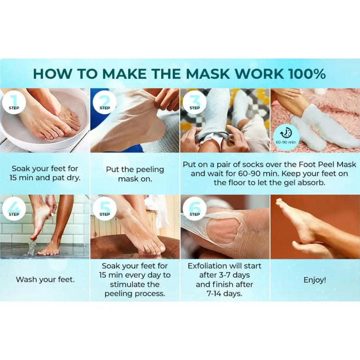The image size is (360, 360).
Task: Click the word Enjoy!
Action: [x=315, y=280]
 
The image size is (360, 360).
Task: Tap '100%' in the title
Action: [x=307, y=74]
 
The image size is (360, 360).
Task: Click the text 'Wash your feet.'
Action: [x=45, y=280]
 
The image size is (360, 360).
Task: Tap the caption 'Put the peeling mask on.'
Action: [x=135, y=174]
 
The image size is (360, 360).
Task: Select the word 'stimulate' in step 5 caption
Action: [x=135, y=284]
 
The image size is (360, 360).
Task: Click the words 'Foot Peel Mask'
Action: [x=325, y=164]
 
